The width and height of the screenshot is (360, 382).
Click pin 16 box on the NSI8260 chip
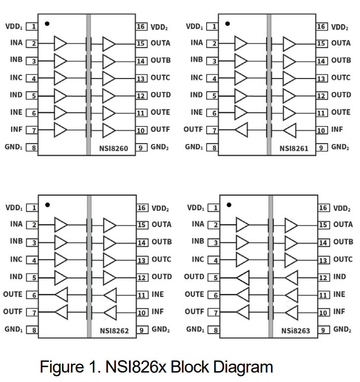point(142,26)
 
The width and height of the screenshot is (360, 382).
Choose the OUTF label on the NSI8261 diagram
point(194,130)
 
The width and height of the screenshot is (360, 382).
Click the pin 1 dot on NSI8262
point(47,204)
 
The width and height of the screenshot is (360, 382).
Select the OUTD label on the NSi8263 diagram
point(194,277)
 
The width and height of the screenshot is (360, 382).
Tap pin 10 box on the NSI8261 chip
point(322,131)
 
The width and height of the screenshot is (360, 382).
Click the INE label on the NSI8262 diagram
point(157,295)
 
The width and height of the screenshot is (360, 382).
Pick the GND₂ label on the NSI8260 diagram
point(160,147)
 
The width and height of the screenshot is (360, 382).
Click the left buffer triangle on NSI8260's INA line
point(60,43)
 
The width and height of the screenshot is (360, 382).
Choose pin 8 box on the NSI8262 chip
point(33,330)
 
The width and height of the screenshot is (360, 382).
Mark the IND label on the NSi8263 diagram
point(340,277)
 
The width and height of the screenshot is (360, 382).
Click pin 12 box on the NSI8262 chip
point(142,277)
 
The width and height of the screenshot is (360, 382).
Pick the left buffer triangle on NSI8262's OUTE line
point(61,295)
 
